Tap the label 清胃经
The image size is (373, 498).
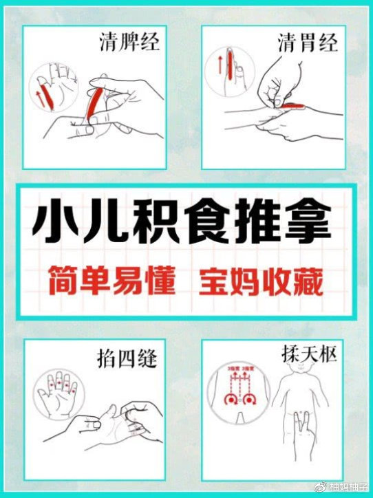tap(308, 44)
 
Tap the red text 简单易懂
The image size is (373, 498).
tap(111, 281)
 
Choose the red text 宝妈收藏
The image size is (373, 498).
tap(260, 281)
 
